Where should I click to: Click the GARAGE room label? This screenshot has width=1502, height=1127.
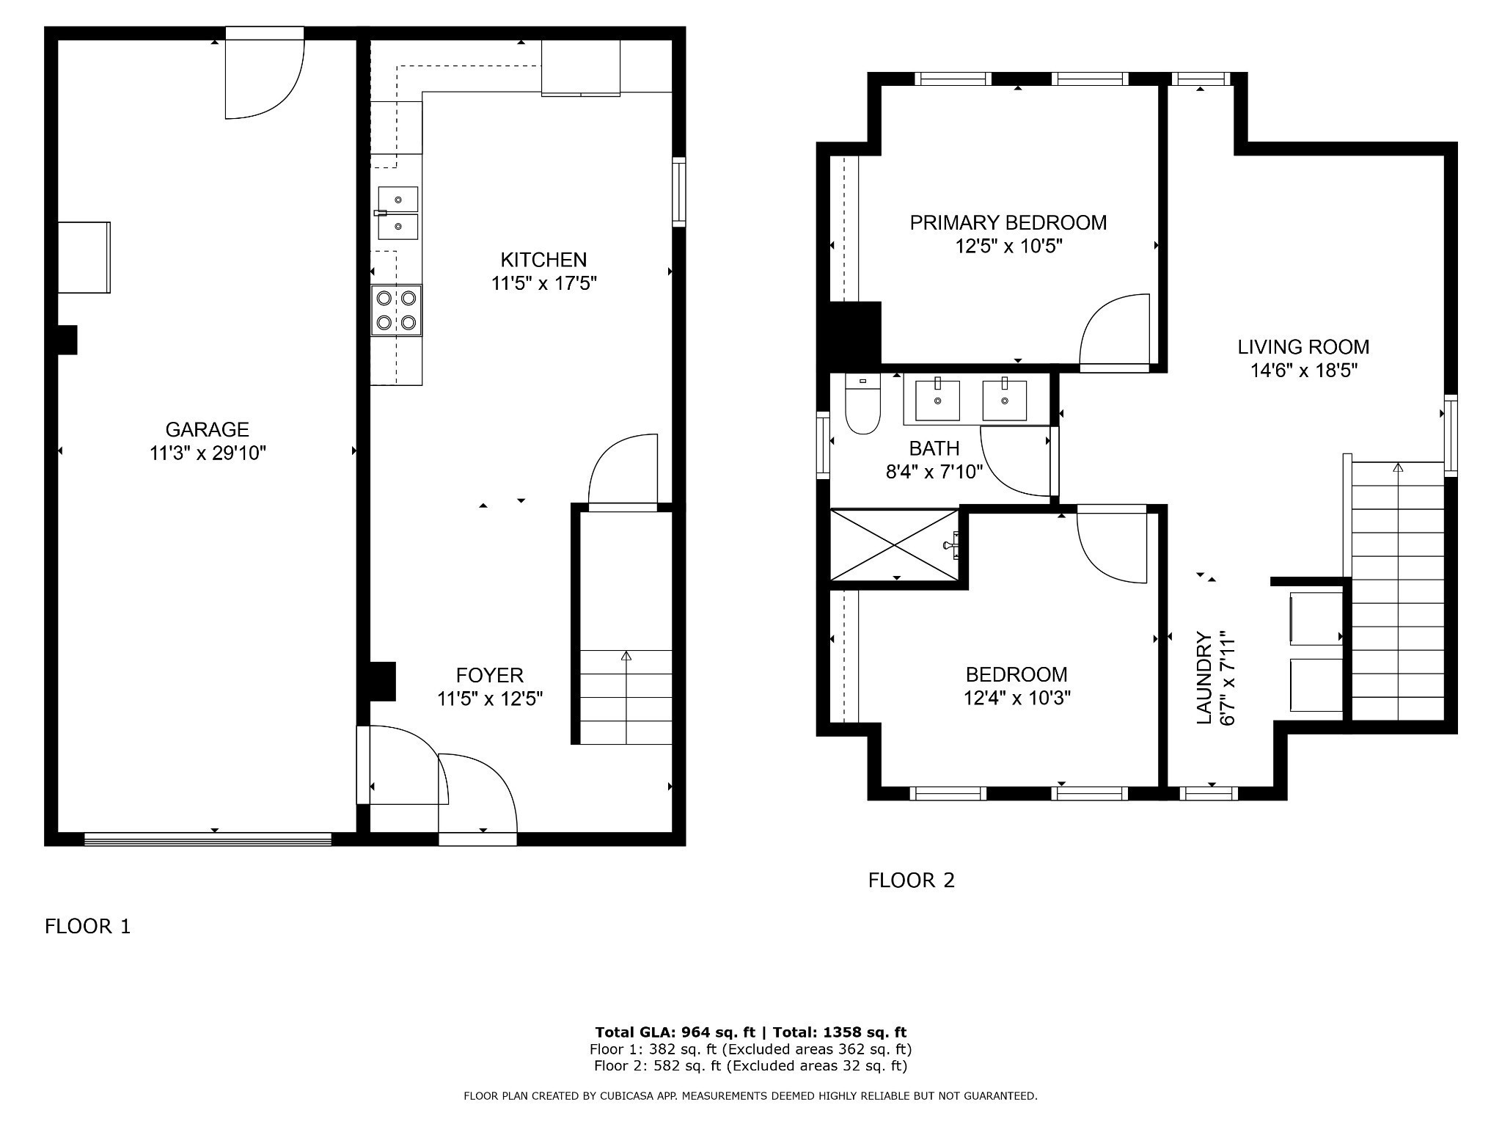click(207, 429)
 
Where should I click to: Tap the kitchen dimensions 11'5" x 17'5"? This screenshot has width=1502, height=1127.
click(543, 283)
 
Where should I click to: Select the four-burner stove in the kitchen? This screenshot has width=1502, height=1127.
click(396, 310)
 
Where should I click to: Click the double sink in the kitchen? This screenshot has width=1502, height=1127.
click(398, 213)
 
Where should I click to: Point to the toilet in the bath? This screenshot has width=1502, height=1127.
click(862, 407)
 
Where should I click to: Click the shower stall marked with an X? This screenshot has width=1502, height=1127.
click(894, 545)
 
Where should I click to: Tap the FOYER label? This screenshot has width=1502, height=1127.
click(489, 675)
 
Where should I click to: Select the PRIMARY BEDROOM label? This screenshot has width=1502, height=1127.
click(1008, 222)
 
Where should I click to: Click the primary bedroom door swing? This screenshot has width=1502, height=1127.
click(1113, 330)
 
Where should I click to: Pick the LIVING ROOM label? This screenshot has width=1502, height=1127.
click(1303, 346)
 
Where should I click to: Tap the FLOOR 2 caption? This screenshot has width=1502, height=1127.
click(911, 880)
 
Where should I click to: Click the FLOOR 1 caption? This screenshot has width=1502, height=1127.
click(87, 927)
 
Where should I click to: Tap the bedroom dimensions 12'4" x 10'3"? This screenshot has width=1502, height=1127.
click(1016, 698)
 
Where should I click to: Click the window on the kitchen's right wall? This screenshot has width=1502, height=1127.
click(679, 192)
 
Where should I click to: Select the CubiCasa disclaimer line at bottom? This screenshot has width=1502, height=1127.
click(750, 1096)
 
